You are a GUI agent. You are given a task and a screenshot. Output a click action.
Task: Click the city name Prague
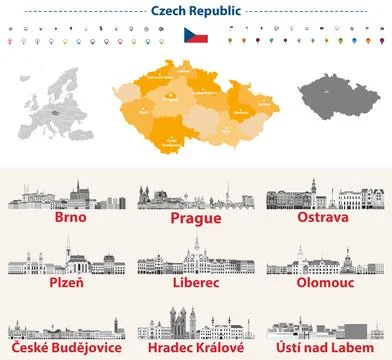pyautogui.click(x=195, y=218)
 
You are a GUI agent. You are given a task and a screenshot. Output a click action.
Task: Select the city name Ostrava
pyautogui.click(x=327, y=216)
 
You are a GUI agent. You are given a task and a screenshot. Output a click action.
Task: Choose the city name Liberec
pyautogui.click(x=195, y=283)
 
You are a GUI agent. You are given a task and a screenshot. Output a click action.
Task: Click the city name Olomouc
pyautogui.click(x=327, y=283)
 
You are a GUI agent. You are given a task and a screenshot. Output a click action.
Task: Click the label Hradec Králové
pyautogui.click(x=195, y=350)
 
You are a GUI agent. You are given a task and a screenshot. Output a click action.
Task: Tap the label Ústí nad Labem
pyautogui.click(x=327, y=350)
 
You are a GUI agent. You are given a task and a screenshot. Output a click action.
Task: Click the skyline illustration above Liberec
pyautogui.click(x=195, y=258)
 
